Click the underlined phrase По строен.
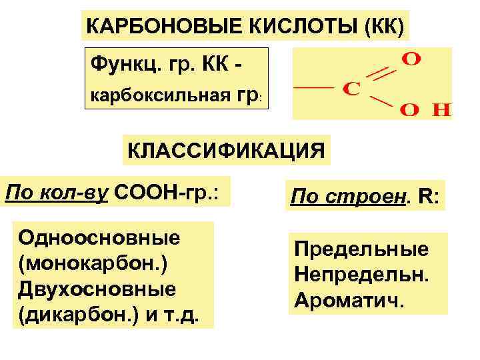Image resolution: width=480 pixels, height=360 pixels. coord(339,197)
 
